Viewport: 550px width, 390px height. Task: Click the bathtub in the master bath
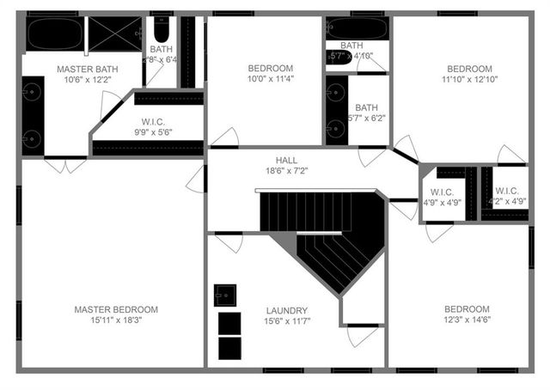54,34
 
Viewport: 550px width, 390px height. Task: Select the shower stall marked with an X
115,34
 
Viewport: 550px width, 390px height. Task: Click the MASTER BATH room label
87,69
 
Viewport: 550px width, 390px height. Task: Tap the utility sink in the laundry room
226,295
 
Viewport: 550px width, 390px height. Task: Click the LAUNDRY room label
287,310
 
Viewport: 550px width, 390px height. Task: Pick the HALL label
287,160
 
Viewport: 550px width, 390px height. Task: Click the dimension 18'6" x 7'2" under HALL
287,171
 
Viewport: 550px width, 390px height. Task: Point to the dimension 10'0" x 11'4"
271,80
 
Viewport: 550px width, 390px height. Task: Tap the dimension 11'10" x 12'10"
468,80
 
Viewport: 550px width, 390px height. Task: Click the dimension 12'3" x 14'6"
467,321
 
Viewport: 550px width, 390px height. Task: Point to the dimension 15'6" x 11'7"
287,321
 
